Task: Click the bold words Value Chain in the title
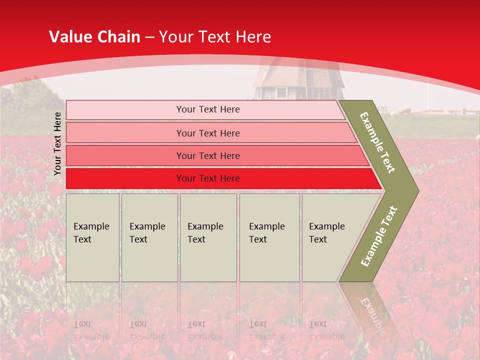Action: click(x=94, y=37)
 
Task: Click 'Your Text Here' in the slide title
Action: click(x=215, y=37)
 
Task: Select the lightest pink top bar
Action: click(x=125, y=110)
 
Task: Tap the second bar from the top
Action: click(x=125, y=133)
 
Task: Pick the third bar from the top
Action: click(x=125, y=155)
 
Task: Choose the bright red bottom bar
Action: click(x=125, y=178)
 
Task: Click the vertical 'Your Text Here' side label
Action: click(x=57, y=143)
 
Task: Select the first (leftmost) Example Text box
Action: click(x=92, y=237)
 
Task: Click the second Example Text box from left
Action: click(x=149, y=237)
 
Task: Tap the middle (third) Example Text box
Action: click(x=208, y=237)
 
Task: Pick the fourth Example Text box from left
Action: click(x=269, y=237)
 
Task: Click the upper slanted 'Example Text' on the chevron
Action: click(x=377, y=142)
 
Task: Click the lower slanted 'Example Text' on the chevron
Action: click(x=379, y=236)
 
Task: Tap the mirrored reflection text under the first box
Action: click(x=91, y=330)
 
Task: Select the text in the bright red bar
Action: click(x=208, y=178)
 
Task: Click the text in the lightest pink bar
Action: click(x=208, y=109)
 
